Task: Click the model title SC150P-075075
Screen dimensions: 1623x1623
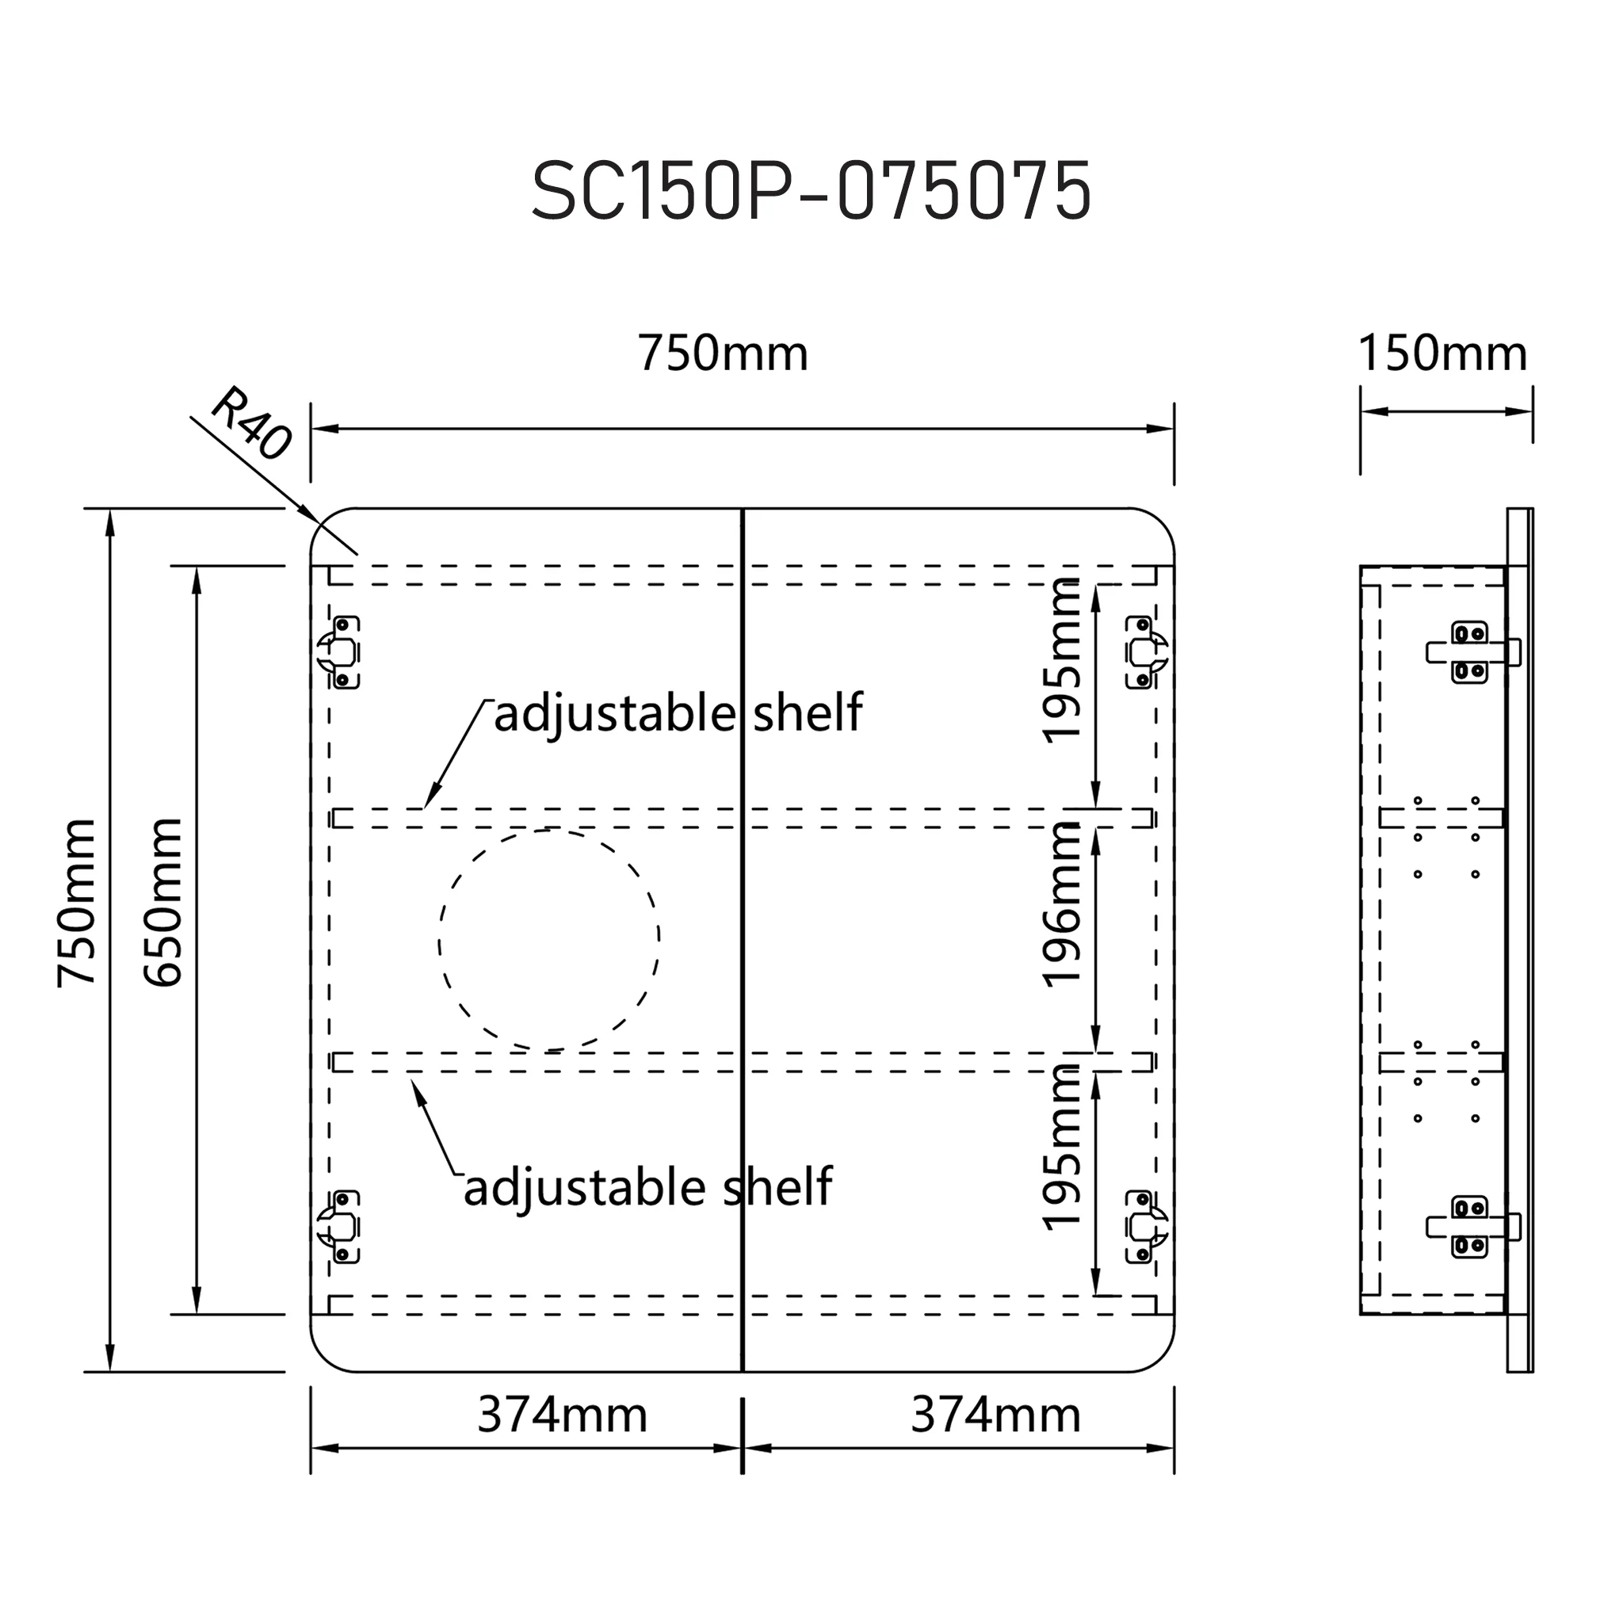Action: tap(811, 192)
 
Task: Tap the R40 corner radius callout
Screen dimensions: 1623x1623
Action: tap(251, 423)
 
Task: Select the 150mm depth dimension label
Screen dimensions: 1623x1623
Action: tap(1442, 353)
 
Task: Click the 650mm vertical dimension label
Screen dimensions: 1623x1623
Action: tap(163, 901)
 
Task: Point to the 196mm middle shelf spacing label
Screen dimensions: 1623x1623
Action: tap(1061, 904)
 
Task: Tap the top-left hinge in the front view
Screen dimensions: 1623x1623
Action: tap(339, 653)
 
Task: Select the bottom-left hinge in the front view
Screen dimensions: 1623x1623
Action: tap(339, 1228)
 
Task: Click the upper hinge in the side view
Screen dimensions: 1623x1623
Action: tap(1472, 652)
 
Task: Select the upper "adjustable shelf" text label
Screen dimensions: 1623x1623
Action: tap(678, 714)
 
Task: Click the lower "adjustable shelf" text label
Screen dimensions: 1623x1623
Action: tap(647, 1188)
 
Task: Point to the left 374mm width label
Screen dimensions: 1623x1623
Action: tap(562, 1415)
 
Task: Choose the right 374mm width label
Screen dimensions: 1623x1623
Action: tap(995, 1415)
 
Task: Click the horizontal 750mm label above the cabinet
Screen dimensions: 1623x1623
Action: tap(723, 353)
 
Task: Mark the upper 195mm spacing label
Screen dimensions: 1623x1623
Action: tap(1061, 660)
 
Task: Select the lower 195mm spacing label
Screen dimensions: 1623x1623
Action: tap(1061, 1148)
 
